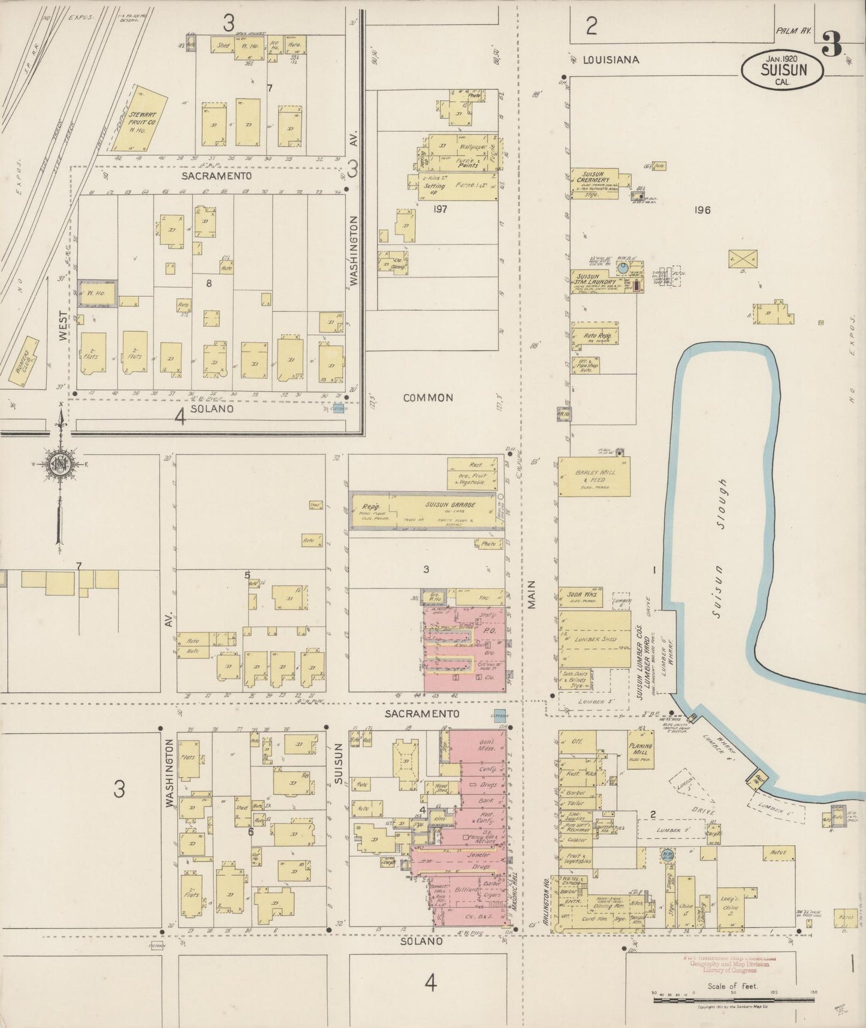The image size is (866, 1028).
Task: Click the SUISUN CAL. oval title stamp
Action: [x=783, y=70]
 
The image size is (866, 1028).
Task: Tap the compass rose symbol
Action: [x=60, y=465]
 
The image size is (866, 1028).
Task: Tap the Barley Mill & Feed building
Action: [x=594, y=476]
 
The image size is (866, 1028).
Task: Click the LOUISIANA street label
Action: [x=611, y=60]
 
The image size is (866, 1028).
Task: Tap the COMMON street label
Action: [x=428, y=398]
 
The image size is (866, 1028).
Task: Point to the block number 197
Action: [x=441, y=209]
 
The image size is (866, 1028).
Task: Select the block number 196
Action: [x=702, y=210]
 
